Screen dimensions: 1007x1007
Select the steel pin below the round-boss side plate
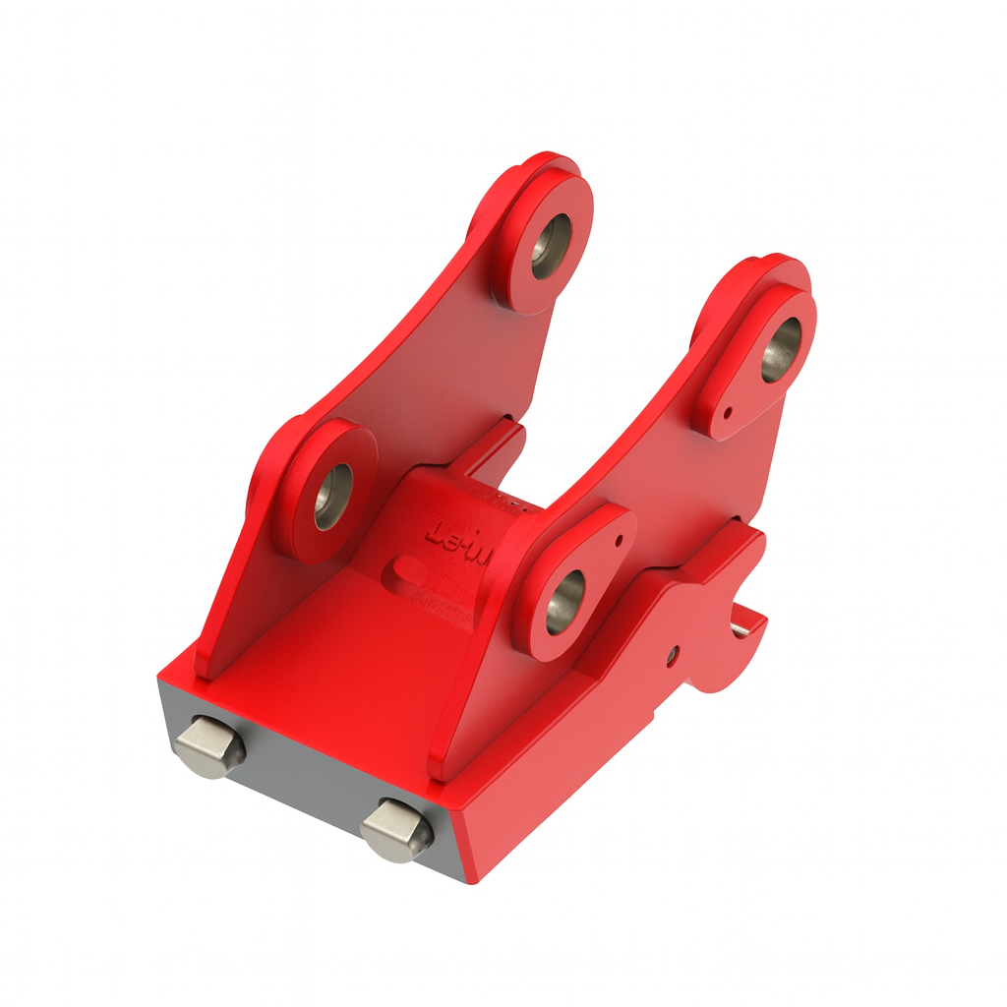pyautogui.click(x=209, y=746)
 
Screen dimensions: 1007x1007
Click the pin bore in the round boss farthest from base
pyautogui.click(x=550, y=246)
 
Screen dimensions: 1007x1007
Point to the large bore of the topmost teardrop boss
pyautogui.click(x=781, y=350)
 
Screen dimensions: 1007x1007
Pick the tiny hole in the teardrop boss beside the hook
pyautogui.click(x=618, y=540)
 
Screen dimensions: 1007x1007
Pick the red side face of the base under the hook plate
pyautogui.click(x=551, y=777)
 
